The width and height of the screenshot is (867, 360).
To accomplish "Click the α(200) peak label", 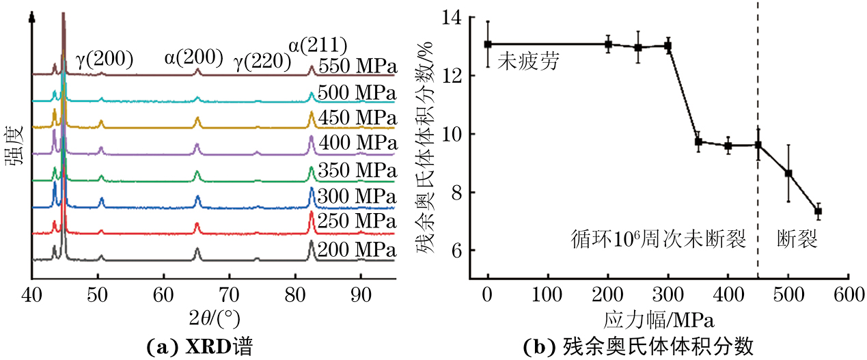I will [193, 59].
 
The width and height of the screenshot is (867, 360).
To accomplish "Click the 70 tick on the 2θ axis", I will [229, 295].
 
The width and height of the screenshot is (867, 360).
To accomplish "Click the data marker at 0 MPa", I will [488, 44].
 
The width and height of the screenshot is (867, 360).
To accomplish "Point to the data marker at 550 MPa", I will [818, 211].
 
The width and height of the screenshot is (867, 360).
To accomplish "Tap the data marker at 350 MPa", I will [698, 141].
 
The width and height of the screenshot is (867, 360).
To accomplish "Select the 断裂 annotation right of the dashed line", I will [797, 239].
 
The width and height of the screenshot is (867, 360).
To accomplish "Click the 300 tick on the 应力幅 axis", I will [668, 295].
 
